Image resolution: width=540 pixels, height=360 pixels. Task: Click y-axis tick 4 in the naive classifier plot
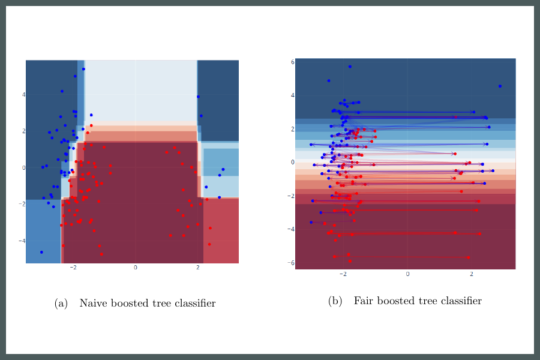click(x=23, y=94)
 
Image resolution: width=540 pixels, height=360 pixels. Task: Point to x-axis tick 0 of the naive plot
click(x=136, y=267)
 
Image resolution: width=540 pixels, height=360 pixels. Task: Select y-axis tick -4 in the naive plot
click(x=22, y=241)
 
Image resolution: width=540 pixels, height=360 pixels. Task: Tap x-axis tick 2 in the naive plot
click(x=198, y=267)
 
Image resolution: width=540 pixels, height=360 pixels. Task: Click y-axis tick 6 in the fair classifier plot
click(x=292, y=62)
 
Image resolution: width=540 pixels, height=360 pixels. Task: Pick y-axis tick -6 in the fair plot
click(x=291, y=263)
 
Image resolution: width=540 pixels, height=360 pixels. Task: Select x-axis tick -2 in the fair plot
click(x=342, y=274)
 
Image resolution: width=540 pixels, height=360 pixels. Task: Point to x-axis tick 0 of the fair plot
click(x=407, y=274)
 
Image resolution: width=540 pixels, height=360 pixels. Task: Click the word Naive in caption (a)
click(x=93, y=303)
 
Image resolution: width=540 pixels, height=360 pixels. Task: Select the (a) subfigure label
click(x=61, y=304)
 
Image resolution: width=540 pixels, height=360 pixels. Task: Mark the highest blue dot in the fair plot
click(x=350, y=67)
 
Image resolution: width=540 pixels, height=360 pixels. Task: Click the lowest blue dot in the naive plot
click(x=41, y=252)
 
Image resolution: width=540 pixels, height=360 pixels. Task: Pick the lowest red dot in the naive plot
click(x=102, y=254)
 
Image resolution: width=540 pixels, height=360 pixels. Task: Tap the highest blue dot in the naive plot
click(x=83, y=69)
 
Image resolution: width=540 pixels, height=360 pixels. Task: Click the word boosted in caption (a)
click(x=129, y=303)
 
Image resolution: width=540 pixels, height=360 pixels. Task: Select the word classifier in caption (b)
click(x=459, y=301)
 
